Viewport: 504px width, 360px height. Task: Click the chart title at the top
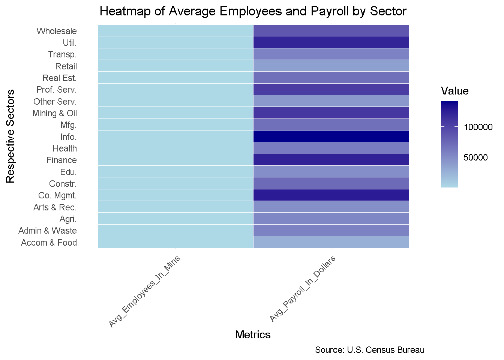[x=253, y=11]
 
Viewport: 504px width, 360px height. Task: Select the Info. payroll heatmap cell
[x=331, y=136]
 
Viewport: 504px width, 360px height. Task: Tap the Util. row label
[x=70, y=43]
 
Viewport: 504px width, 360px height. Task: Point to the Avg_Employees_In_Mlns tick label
[x=145, y=291]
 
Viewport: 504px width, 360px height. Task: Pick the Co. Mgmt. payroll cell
[x=331, y=195]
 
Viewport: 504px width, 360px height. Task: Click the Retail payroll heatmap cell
[x=331, y=66]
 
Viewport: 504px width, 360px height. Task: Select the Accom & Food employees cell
[x=175, y=242]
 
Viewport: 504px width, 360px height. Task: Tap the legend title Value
[x=454, y=91]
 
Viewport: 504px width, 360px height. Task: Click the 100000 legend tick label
[x=478, y=127]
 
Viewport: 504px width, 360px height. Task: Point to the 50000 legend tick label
[x=475, y=157]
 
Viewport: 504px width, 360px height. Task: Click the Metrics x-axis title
[x=253, y=334]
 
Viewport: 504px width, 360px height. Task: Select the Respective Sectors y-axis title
[x=10, y=136]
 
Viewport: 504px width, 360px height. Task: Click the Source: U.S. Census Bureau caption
[x=369, y=350]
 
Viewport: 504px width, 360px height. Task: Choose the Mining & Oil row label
[x=55, y=113]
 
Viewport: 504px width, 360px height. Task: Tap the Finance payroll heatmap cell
[x=331, y=160]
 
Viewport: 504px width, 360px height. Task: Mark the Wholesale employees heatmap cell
[x=175, y=31]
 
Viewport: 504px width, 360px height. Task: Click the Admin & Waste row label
[x=48, y=231]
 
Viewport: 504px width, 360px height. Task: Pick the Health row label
[x=64, y=148]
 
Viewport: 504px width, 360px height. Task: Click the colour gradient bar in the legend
[x=449, y=144]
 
